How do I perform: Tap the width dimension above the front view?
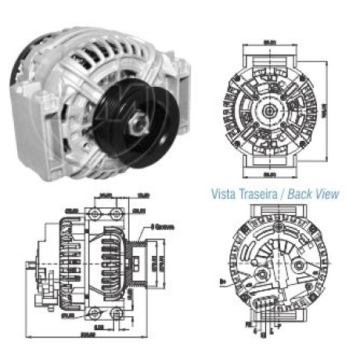(272, 41)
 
